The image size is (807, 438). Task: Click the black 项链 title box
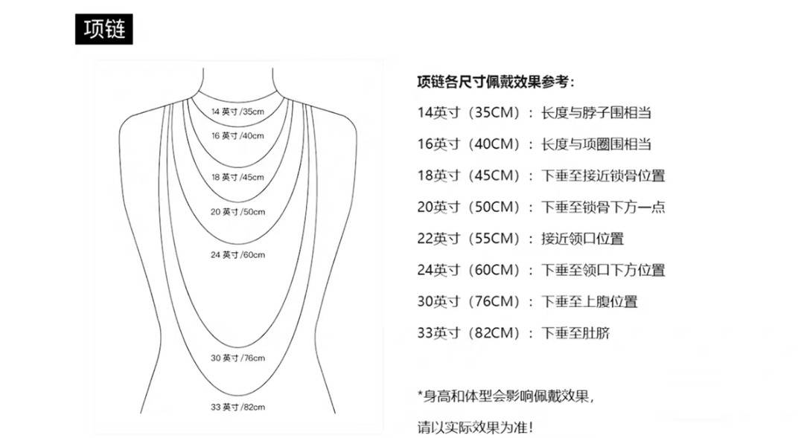point(104,29)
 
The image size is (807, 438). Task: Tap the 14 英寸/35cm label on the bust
point(237,112)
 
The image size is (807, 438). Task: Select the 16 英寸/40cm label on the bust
point(237,136)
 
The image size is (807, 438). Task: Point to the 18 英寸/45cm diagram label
point(237,177)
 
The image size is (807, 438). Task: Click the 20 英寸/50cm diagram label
point(237,212)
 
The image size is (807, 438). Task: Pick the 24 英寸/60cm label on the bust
point(237,254)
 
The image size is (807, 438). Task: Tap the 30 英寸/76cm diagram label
point(237,358)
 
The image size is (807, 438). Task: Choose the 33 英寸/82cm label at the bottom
point(237,408)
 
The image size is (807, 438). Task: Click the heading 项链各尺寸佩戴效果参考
point(495,82)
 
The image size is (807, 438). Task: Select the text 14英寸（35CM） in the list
point(469,112)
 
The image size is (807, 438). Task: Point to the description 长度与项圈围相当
point(596,144)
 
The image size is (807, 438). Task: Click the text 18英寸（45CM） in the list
point(469,175)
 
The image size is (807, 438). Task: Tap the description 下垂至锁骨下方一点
point(603,207)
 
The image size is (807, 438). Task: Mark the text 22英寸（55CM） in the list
point(469,239)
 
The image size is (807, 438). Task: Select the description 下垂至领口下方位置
point(603,270)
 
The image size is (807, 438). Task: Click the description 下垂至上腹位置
point(590,301)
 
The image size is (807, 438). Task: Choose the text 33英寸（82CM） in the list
point(469,333)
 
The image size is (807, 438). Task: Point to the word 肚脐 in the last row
point(596,333)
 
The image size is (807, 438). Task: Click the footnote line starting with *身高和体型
point(505,396)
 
